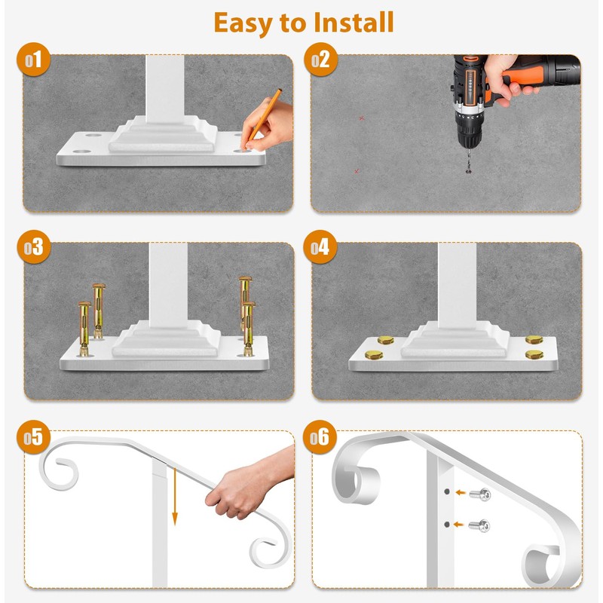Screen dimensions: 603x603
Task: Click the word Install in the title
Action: click(x=354, y=23)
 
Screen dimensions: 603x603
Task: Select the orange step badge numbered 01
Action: click(x=33, y=60)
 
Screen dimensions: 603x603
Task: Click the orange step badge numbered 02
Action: click(x=321, y=60)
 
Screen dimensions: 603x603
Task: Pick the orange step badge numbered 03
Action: click(x=34, y=247)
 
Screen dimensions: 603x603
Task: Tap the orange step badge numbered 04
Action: click(x=320, y=247)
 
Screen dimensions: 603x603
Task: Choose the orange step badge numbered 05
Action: click(x=33, y=437)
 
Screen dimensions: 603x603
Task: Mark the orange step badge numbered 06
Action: click(x=320, y=437)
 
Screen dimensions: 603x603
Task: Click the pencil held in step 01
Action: click(x=262, y=119)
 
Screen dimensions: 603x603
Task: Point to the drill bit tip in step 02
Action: click(x=468, y=172)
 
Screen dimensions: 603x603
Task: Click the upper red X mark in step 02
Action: click(x=362, y=118)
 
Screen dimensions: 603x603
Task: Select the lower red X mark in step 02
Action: click(x=357, y=171)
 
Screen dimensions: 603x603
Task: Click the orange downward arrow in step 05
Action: click(x=175, y=496)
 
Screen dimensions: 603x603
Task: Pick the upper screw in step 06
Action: click(x=480, y=494)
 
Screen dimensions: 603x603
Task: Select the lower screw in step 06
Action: click(x=479, y=525)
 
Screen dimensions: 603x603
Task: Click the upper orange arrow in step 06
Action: click(x=461, y=492)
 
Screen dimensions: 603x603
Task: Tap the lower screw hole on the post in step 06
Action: click(x=446, y=524)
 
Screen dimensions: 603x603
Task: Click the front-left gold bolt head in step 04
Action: click(x=374, y=354)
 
